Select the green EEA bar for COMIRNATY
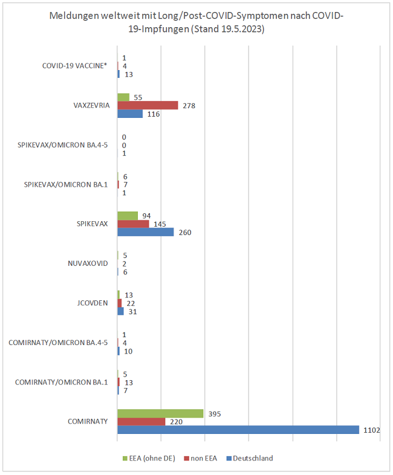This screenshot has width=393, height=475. (x=160, y=413)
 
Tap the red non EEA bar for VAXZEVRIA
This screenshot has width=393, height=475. (x=148, y=105)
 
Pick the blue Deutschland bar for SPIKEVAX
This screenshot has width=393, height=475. (x=145, y=232)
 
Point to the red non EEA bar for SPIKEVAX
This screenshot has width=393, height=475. (x=133, y=224)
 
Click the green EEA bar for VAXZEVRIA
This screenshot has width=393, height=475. (x=123, y=97)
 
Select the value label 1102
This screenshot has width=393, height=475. (x=371, y=430)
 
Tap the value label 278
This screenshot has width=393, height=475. (x=189, y=106)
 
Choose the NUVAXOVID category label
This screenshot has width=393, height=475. (x=88, y=263)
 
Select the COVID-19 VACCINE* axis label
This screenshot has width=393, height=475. (x=75, y=66)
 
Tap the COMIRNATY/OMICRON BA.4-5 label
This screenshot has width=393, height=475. (x=58, y=343)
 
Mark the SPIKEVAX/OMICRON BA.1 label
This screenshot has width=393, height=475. (x=65, y=184)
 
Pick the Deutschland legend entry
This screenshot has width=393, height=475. (x=253, y=458)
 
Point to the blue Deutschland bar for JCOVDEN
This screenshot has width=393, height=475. (x=120, y=311)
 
